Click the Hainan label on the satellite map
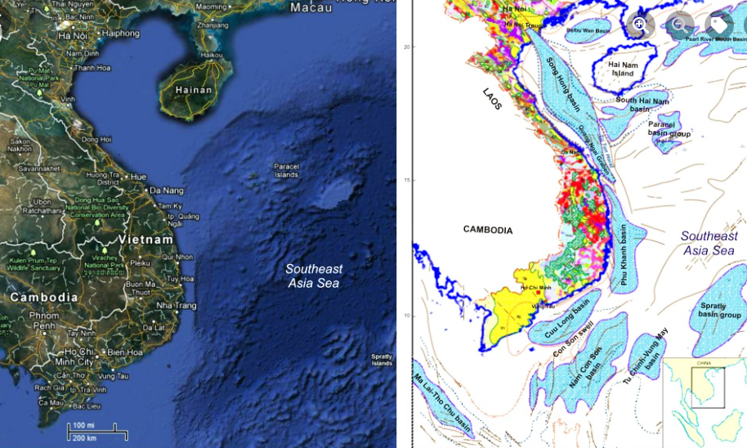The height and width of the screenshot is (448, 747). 194,90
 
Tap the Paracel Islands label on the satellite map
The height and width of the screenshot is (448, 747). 286,169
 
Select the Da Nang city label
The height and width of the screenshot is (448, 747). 166,190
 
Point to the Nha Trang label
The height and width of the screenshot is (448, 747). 176,305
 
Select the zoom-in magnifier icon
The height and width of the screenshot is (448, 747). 640,25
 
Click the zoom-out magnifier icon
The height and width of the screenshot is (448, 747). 680,25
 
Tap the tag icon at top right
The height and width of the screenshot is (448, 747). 719,25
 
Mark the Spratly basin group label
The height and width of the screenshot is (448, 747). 720,311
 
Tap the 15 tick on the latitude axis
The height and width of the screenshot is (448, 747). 405,180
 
